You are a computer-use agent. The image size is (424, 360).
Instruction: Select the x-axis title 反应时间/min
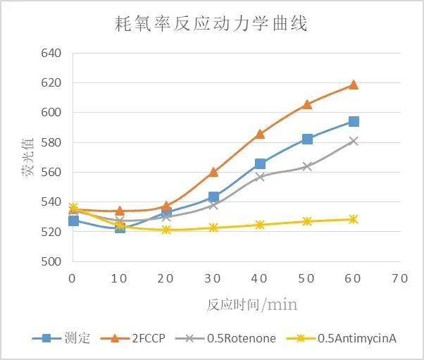(251, 304)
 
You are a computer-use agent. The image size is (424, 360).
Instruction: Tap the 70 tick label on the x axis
(399, 278)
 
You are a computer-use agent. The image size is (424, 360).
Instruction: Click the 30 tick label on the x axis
(213, 278)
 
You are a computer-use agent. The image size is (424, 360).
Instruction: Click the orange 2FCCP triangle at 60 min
(354, 85)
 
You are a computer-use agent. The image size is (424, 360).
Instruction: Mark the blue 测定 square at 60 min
(354, 122)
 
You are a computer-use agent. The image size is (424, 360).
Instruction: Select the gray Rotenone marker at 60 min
(354, 141)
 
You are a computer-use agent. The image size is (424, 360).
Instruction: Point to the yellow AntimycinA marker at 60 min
(354, 219)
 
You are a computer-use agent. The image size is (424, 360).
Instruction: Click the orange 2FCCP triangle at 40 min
(260, 133)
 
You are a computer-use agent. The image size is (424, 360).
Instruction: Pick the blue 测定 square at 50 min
(307, 139)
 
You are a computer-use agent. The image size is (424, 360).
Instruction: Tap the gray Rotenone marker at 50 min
(307, 166)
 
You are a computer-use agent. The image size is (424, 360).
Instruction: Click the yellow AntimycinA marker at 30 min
(213, 228)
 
